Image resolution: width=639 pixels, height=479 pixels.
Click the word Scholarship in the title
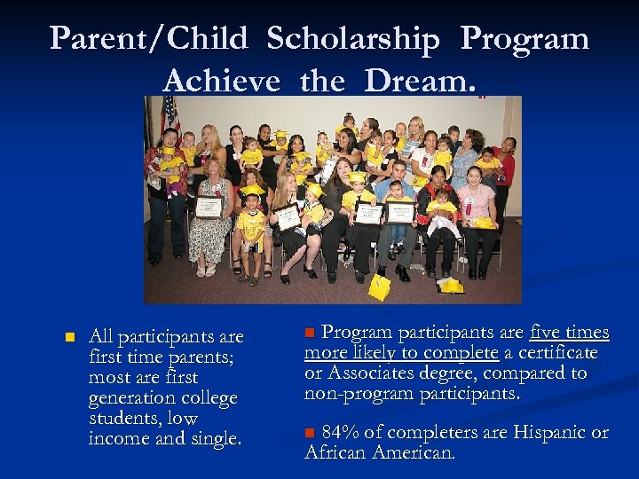(352, 39)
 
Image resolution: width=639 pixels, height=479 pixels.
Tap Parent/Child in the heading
(147, 39)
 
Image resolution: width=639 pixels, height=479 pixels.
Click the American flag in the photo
(170, 115)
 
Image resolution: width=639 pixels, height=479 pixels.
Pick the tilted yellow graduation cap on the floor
(380, 286)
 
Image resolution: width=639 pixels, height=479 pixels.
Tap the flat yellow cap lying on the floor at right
(450, 286)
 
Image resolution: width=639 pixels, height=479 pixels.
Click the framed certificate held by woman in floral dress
(209, 208)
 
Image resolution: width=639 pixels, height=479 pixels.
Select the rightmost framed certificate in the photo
(399, 211)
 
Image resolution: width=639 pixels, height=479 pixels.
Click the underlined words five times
(569, 333)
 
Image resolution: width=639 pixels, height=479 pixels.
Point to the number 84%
(341, 433)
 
